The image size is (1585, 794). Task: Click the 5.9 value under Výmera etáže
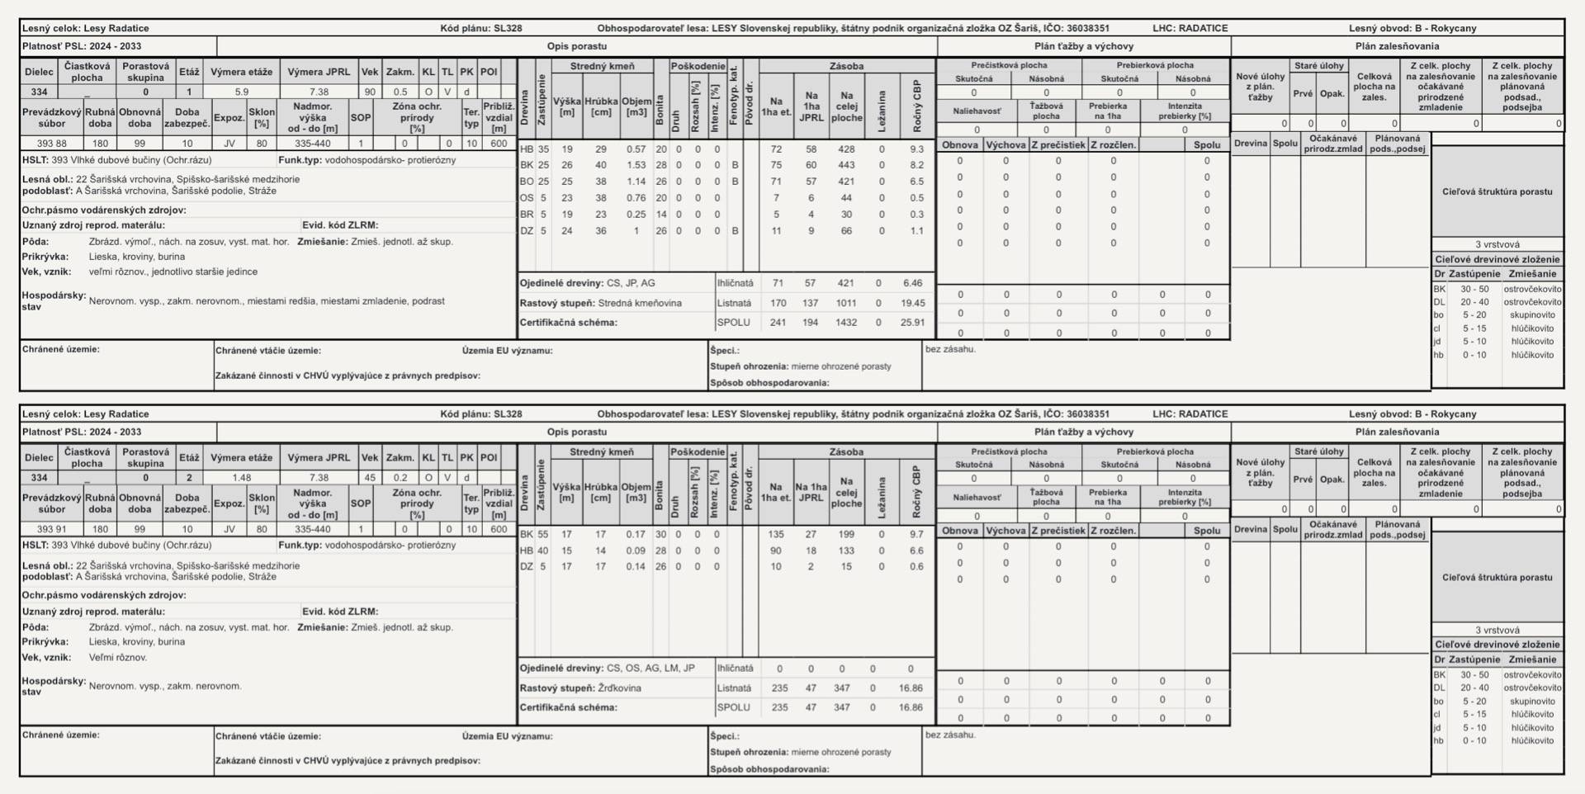241,92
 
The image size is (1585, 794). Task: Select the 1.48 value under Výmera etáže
241,478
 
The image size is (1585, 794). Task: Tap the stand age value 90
370,92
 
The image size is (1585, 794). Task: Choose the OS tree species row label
527,198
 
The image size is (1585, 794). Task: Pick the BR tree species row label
527,215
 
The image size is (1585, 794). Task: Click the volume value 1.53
636,166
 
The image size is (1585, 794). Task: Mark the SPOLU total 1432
846,323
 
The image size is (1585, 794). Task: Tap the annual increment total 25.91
912,323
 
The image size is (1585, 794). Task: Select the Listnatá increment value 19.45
912,303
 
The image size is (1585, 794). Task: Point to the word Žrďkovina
620,688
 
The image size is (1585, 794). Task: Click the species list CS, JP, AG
631,283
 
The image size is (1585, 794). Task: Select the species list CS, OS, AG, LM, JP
651,669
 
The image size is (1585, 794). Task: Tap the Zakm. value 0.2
400,478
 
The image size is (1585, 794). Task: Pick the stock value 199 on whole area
846,535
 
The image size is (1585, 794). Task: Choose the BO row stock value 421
846,182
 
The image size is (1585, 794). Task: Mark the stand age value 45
370,478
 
